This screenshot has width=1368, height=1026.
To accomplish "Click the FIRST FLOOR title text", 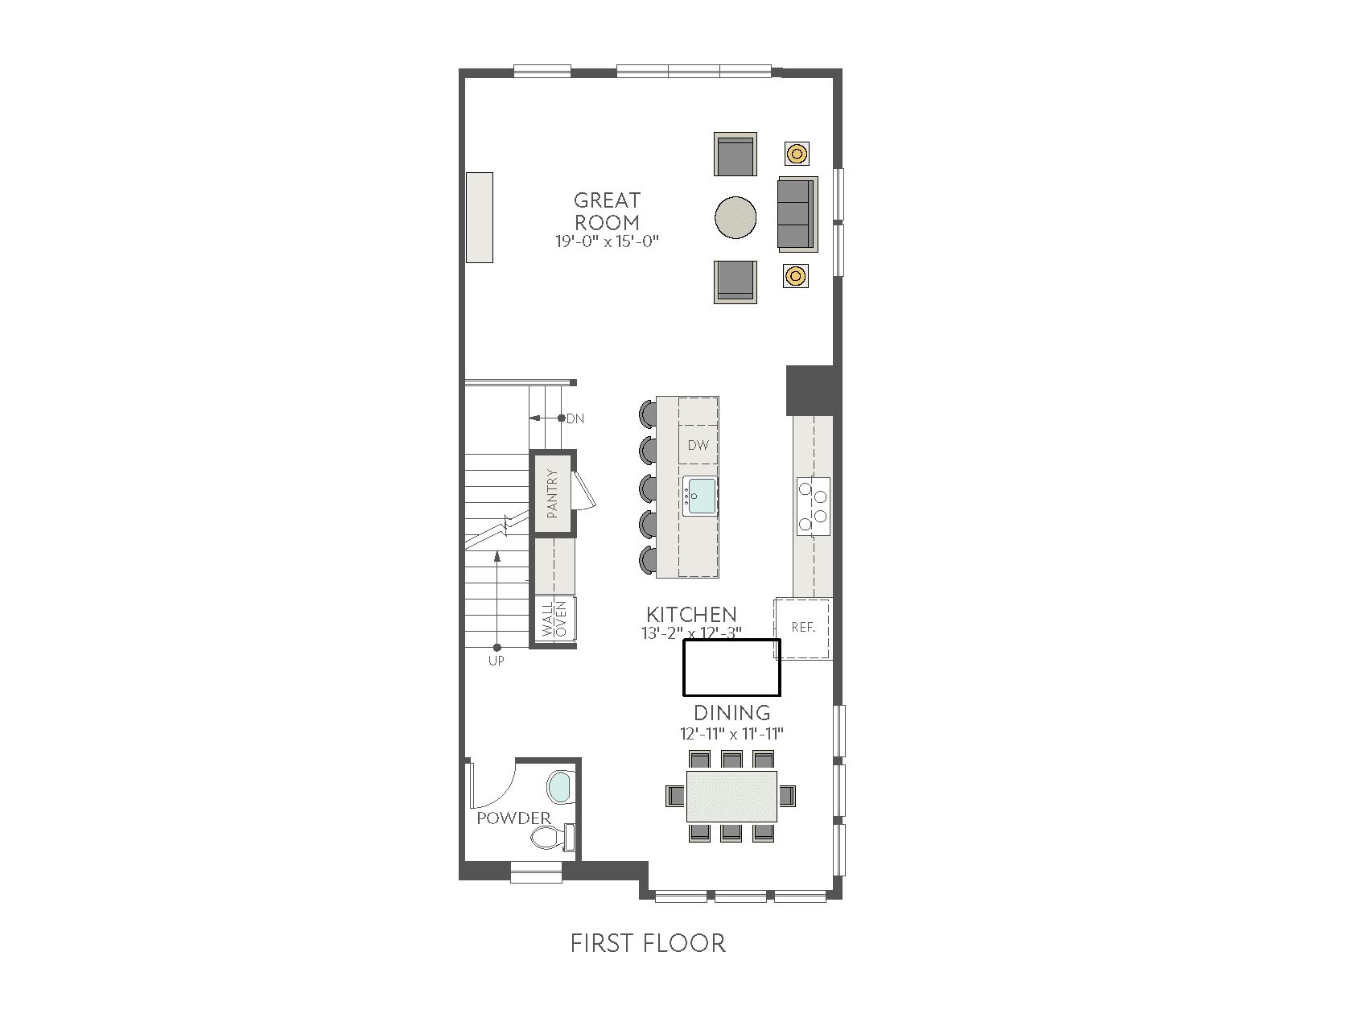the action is pyautogui.click(x=648, y=943).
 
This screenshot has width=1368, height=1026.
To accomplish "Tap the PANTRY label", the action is pyautogui.click(x=552, y=493).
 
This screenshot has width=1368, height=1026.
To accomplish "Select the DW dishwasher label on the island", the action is pyautogui.click(x=698, y=445).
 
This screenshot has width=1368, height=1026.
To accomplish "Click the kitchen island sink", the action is pyautogui.click(x=700, y=497).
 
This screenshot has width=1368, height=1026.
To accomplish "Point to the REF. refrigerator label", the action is pyautogui.click(x=804, y=627).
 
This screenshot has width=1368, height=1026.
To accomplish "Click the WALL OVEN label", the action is pyautogui.click(x=554, y=619).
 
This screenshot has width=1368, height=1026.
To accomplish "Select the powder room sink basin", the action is pyautogui.click(x=559, y=787).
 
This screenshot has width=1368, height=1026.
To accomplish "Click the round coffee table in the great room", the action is pyautogui.click(x=736, y=217).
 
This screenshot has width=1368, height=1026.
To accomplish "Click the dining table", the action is pyautogui.click(x=731, y=796).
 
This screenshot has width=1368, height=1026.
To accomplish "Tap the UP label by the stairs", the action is pyautogui.click(x=497, y=661).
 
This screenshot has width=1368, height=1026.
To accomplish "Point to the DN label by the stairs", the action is pyautogui.click(x=575, y=418).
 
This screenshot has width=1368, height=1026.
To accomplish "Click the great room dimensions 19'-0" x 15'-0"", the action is pyautogui.click(x=608, y=241).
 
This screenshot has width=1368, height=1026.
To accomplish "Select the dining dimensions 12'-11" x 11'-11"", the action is pyautogui.click(x=731, y=734).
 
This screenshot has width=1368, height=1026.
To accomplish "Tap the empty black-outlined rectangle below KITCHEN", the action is pyautogui.click(x=731, y=667).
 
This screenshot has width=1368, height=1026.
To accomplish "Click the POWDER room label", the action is pyautogui.click(x=513, y=818).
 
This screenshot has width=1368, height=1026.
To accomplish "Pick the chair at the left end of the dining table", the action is pyautogui.click(x=675, y=796).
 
